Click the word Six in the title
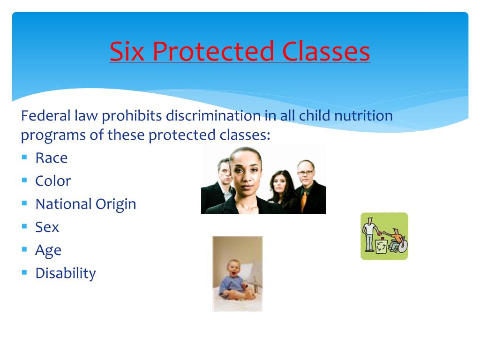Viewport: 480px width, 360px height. pos(127,51)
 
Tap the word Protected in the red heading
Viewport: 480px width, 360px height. pos(213,51)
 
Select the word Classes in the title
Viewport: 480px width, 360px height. pos(326,51)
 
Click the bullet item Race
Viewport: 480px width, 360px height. pos(52,158)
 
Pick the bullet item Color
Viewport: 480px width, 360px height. pos(53,181)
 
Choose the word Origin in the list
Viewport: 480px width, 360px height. pos(116,204)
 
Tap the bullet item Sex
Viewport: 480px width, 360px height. pos(47,227)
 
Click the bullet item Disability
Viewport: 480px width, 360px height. pos(66,273)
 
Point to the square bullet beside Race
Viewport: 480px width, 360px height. pos(24,157)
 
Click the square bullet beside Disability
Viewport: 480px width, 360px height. pos(24,272)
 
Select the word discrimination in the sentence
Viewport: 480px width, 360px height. pos(213,116)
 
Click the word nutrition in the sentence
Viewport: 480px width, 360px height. pos(363,116)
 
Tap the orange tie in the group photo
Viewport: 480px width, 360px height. pos(303,201)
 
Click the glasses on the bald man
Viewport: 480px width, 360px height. pos(306,172)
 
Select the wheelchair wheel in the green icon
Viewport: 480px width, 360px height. pos(403,247)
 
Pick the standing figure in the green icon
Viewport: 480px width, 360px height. pos(370,234)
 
